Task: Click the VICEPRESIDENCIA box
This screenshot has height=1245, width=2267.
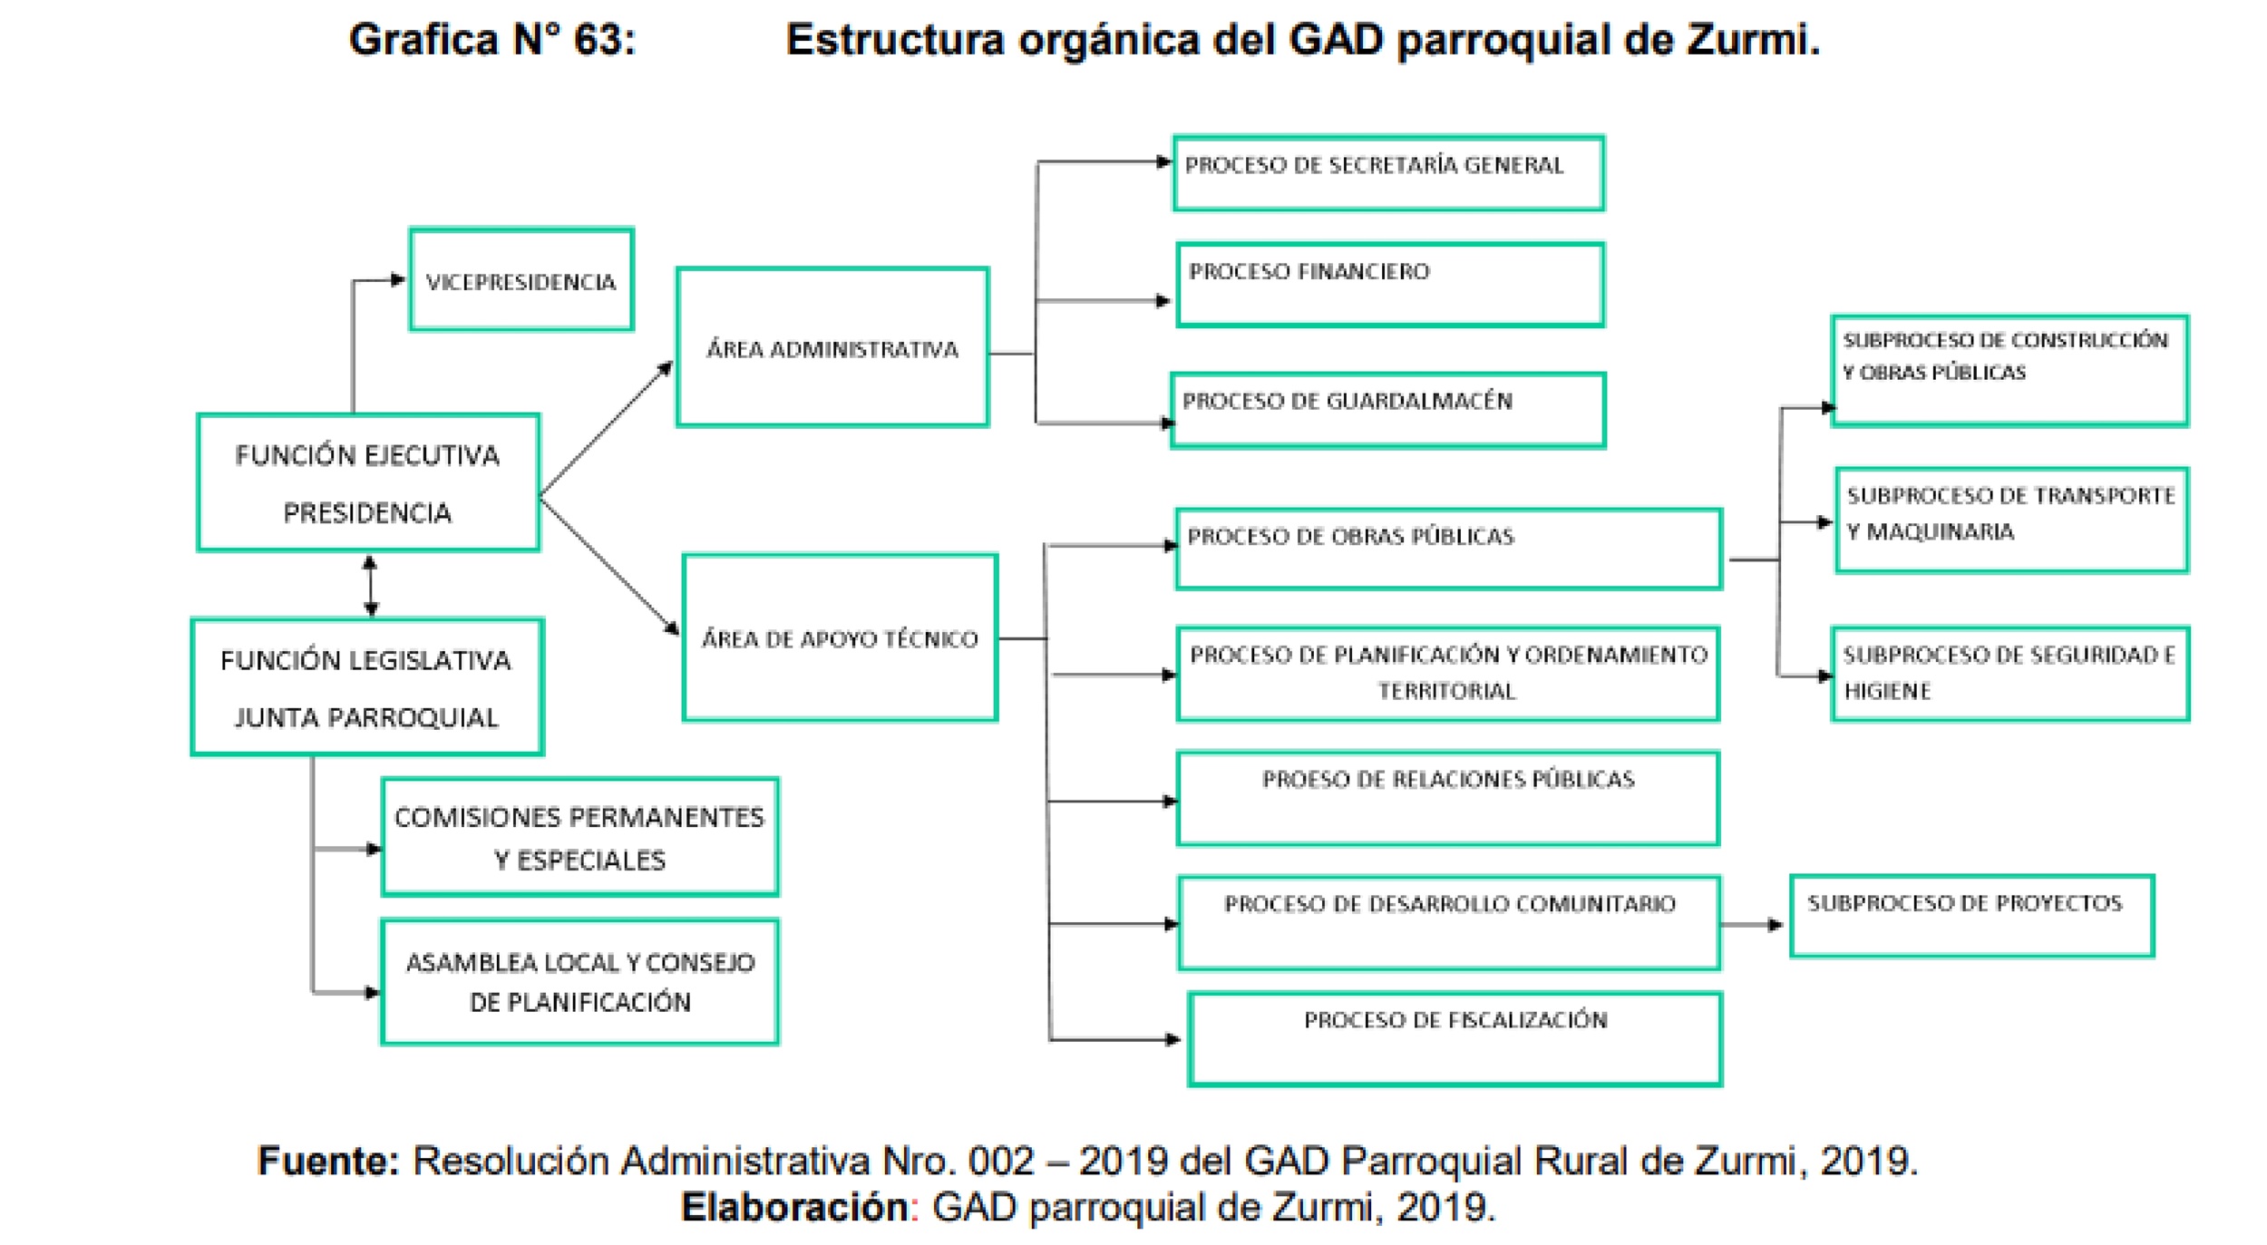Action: [x=521, y=280]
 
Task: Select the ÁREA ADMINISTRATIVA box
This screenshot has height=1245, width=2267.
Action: [x=832, y=347]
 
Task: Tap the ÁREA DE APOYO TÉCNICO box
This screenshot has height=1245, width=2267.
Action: [x=840, y=638]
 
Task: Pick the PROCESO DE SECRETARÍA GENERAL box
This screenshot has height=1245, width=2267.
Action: [x=1387, y=173]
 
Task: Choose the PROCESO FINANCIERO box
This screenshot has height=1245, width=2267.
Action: [x=1389, y=285]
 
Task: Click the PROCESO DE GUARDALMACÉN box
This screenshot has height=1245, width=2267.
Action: [x=1387, y=410]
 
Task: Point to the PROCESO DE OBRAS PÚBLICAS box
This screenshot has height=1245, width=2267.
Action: [x=1447, y=549]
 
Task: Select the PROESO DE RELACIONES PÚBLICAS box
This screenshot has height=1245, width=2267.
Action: [x=1447, y=798]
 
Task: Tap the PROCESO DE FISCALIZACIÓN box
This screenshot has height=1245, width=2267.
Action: [x=1455, y=1039]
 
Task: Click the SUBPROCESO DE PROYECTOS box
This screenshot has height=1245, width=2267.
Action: [x=1971, y=916]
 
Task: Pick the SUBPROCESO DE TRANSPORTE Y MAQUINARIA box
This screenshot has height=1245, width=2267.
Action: [x=2011, y=520]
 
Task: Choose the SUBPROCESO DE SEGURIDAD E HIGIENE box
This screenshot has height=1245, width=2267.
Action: [x=2009, y=674]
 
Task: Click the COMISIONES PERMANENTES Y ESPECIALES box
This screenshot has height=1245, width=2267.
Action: [x=579, y=837]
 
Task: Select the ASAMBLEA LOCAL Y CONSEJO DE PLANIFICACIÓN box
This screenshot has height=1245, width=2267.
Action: [x=579, y=982]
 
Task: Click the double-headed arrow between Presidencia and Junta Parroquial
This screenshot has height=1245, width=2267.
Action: [x=370, y=585]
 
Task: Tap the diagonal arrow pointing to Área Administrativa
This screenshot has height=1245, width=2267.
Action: [x=606, y=429]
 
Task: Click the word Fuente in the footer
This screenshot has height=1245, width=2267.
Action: [x=328, y=1161]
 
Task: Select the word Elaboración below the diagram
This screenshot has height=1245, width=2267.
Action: [x=795, y=1208]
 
